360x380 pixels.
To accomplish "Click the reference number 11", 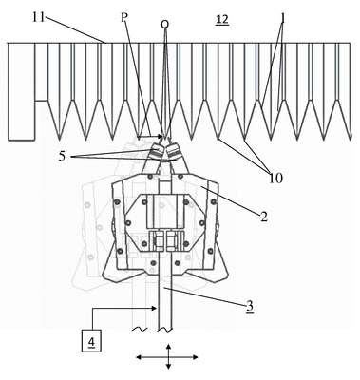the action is [39, 17].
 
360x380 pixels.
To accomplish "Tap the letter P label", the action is [124, 18].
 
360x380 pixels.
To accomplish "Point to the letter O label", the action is [164, 24].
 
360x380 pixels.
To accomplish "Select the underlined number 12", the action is [221, 20].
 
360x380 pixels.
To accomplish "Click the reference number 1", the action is [283, 19].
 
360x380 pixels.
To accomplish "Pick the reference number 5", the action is [63, 157].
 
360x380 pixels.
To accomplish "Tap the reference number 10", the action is [275, 178].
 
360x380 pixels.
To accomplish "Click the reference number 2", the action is [264, 217].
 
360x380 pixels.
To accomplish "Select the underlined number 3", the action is [250, 306].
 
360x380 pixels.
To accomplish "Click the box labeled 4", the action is [91, 341].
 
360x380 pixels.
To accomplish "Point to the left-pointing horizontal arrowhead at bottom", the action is [140, 357].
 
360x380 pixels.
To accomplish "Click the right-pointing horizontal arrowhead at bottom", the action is [196, 357].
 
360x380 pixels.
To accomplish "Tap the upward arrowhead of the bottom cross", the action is [168, 347].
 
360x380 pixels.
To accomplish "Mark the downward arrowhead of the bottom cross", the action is [168, 367].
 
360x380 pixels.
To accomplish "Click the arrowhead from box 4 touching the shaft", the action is [155, 307].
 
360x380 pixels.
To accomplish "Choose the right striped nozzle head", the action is [174, 149].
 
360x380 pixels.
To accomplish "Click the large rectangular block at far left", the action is [21, 91].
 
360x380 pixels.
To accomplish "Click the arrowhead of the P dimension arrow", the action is [161, 137].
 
